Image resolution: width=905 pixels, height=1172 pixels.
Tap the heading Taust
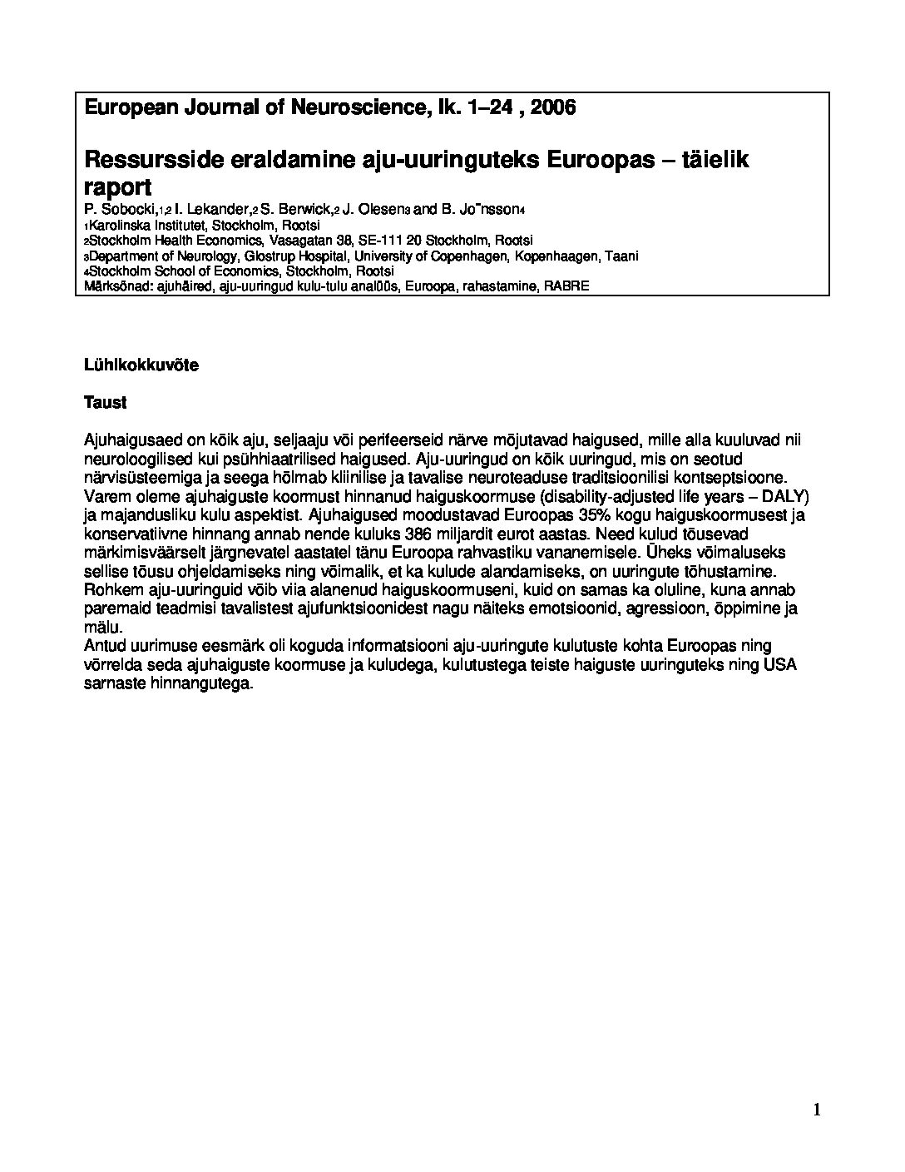(x=105, y=403)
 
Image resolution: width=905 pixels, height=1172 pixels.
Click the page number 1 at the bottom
(x=816, y=1110)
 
